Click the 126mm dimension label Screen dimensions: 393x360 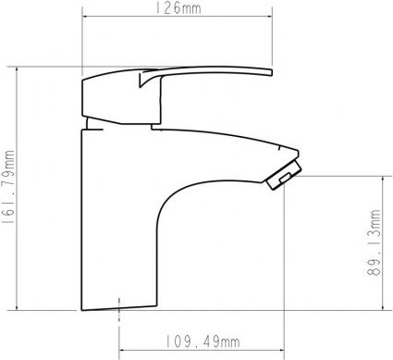tap(178, 7)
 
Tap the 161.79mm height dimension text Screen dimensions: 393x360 tap(7, 187)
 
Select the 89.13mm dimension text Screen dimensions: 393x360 tap(374, 242)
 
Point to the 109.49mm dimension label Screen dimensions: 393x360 tap(203, 341)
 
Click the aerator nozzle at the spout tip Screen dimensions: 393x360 tap(284, 174)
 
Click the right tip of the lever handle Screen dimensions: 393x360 tap(272, 72)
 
